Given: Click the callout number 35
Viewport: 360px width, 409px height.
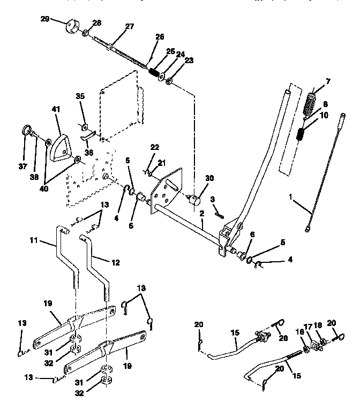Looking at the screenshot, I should pos(80,96).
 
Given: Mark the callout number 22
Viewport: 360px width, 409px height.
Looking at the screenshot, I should pos(155,147).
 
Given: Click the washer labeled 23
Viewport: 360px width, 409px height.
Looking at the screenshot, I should pos(169,82).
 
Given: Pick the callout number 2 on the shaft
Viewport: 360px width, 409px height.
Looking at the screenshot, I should pos(202,213).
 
